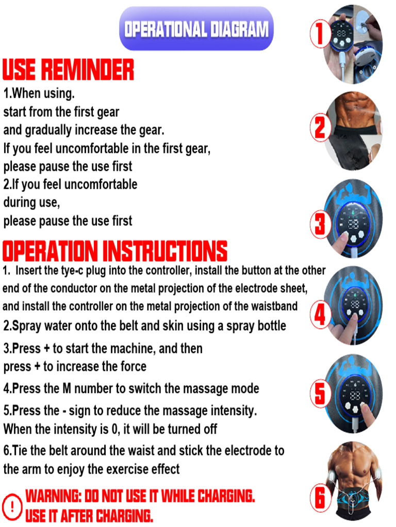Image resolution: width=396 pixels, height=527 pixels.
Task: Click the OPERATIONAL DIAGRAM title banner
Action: point(196,29)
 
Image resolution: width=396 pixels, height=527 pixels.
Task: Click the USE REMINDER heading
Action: point(68,70)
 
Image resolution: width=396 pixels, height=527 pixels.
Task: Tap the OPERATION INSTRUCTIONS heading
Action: point(114,251)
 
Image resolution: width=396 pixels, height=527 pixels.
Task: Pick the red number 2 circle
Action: point(320,127)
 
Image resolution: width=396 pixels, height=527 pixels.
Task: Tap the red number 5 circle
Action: point(320,394)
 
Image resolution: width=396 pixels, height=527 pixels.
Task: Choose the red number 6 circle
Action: point(320,497)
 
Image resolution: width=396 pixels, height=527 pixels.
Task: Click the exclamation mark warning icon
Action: point(12,506)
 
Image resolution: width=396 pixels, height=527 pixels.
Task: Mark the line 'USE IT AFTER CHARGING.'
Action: point(89,515)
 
